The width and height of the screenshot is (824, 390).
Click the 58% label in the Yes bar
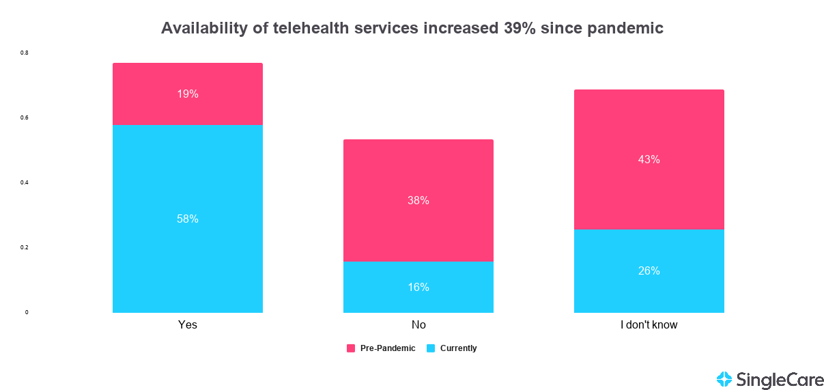188,219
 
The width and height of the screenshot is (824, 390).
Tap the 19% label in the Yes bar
188,94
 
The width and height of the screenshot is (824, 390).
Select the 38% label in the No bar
418,201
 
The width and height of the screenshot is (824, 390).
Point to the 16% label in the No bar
418,288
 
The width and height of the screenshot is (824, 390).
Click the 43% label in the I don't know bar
649,160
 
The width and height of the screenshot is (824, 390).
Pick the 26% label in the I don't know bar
649,271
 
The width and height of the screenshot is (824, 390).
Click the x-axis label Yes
188,325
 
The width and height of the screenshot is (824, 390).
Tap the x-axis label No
418,325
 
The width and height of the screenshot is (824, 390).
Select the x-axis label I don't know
649,325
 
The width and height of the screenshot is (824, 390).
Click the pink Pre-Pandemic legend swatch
351,348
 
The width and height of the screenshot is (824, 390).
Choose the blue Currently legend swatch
431,348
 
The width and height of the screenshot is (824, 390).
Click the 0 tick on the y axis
27,312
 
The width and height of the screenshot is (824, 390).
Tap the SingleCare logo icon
724,379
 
